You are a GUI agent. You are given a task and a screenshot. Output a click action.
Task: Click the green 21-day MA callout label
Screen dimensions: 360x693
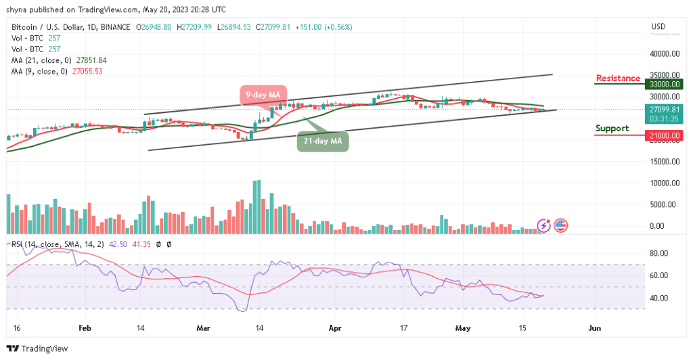323,141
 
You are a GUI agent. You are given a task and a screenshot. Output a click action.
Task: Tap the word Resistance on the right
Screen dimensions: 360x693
617,78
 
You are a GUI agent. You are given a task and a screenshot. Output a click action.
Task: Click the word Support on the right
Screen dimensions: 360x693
612,128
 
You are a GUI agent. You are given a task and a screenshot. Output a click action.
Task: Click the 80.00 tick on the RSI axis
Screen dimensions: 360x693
659,254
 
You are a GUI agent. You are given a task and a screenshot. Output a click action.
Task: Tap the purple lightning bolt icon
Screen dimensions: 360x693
543,225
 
